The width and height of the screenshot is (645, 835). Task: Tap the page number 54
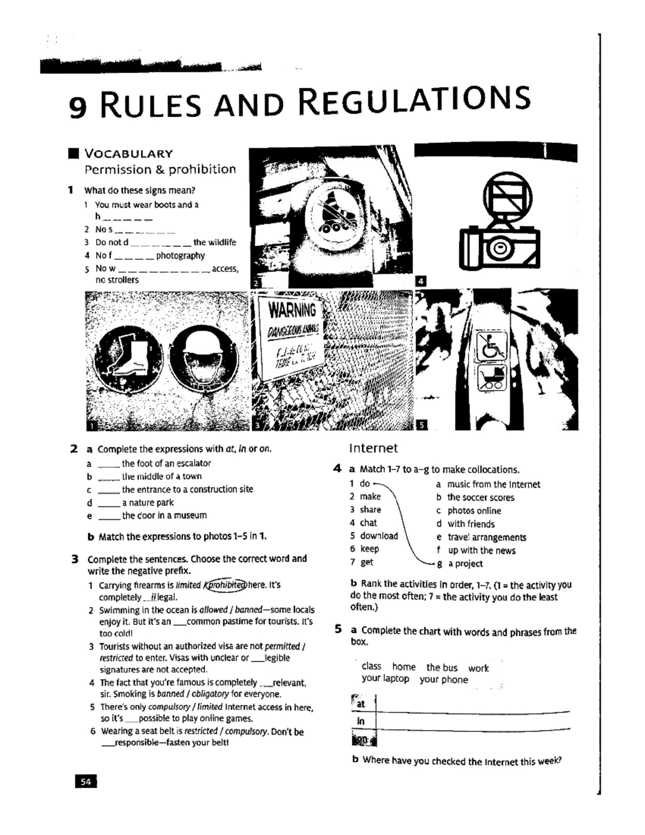point(85,782)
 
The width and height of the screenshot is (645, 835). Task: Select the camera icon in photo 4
point(499,245)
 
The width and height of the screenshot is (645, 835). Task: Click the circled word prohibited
point(226,585)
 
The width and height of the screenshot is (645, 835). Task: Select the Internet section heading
point(373,448)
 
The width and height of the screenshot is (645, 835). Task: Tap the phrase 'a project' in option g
point(465,564)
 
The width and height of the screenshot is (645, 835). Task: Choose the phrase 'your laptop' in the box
point(385,679)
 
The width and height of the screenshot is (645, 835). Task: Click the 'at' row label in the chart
point(361,704)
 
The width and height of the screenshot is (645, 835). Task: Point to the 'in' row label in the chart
point(361,721)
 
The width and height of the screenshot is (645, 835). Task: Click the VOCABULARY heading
point(128,154)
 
